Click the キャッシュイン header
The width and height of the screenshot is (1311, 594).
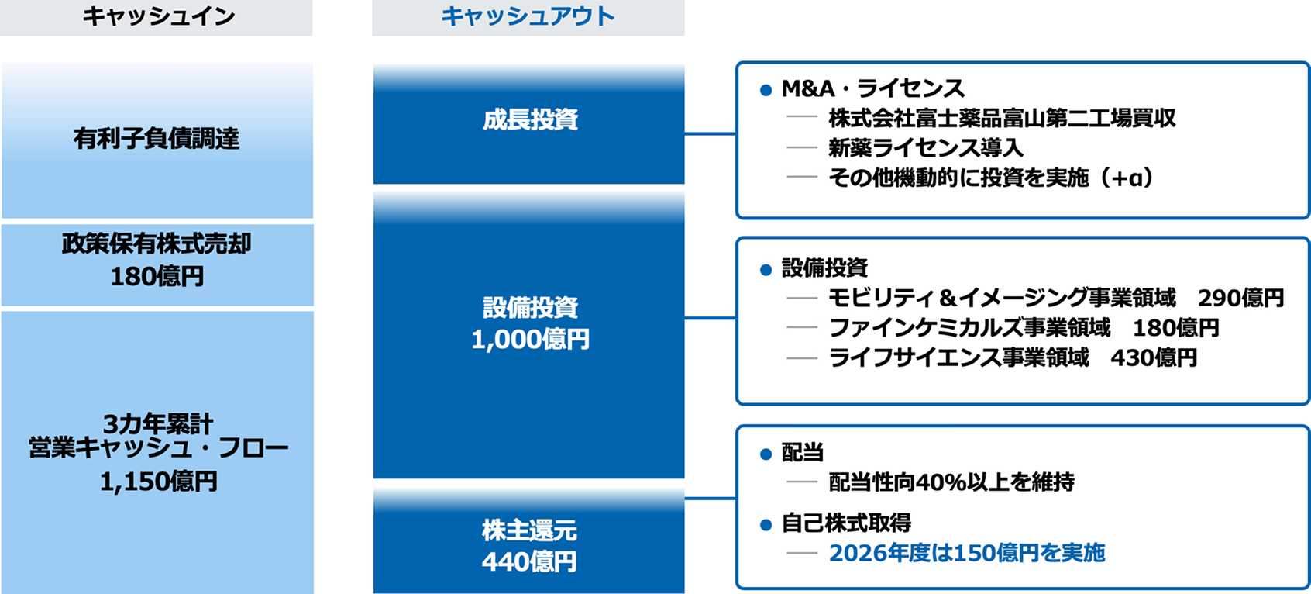pyautogui.click(x=159, y=16)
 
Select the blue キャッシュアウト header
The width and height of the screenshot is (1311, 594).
pyautogui.click(x=528, y=16)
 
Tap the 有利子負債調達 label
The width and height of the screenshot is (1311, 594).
pyautogui.click(x=157, y=139)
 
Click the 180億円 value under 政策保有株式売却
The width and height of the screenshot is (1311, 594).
pyautogui.click(x=157, y=277)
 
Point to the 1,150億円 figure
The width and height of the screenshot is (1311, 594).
pyautogui.click(x=159, y=482)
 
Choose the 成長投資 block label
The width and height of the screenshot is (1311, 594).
pyautogui.click(x=530, y=120)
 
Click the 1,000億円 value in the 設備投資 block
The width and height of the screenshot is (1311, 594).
pyautogui.click(x=530, y=339)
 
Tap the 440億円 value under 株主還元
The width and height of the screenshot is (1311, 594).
pyautogui.click(x=529, y=561)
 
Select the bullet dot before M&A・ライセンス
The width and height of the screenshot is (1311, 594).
pyautogui.click(x=766, y=90)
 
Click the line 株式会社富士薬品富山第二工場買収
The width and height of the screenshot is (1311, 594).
pyautogui.click(x=1002, y=119)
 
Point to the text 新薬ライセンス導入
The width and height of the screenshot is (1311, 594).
pyautogui.click(x=926, y=147)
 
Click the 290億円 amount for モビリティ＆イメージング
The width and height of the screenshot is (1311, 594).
pyautogui.click(x=1240, y=299)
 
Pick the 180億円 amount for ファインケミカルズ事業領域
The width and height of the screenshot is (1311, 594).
pyautogui.click(x=1176, y=328)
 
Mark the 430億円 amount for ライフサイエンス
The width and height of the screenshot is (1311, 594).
pyautogui.click(x=1154, y=358)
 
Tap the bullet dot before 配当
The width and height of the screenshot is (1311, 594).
pyautogui.click(x=766, y=455)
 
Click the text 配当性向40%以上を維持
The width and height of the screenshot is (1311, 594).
pyautogui.click(x=951, y=482)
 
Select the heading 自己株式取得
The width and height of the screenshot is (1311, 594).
pyautogui.click(x=846, y=523)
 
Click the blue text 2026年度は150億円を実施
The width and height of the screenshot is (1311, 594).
pyautogui.click(x=967, y=553)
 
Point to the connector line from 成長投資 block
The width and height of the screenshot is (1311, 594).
pyautogui.click(x=710, y=134)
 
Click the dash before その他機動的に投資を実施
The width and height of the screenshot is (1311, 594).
pyautogui.click(x=802, y=176)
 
